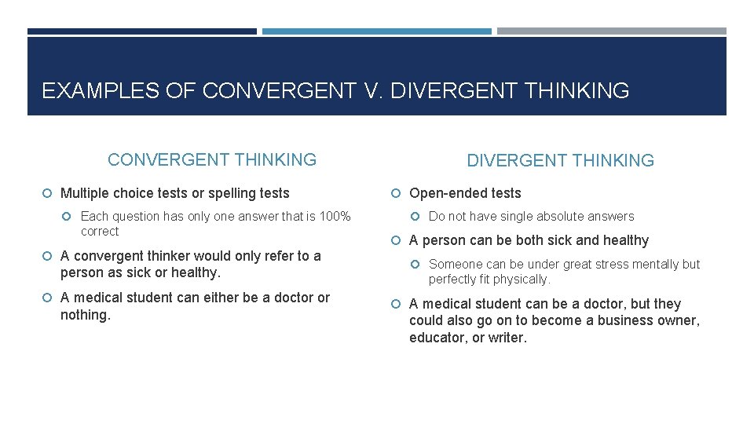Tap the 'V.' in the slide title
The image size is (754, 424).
pos(374,91)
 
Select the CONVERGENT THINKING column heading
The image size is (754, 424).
pos(212,160)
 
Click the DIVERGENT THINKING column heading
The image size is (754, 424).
pos(560,161)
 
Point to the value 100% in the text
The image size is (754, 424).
pos(334,216)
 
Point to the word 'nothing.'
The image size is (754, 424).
pos(86,315)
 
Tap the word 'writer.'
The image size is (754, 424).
pos(508,338)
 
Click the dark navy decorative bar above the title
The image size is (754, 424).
pos(142,31)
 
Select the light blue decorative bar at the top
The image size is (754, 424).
pos(376,31)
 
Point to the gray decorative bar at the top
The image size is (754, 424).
pos(611,31)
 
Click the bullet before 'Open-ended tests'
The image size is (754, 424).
pos(398,194)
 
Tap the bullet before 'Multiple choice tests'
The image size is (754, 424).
pos(49,193)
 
